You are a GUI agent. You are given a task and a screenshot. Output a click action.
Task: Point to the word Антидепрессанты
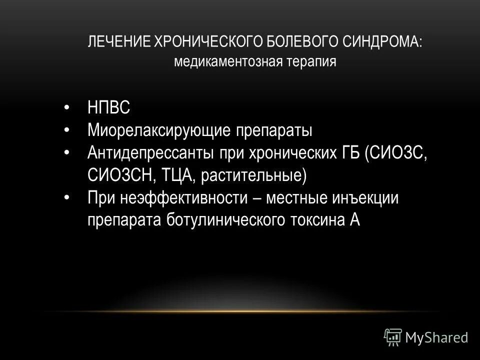pos(150,153)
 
